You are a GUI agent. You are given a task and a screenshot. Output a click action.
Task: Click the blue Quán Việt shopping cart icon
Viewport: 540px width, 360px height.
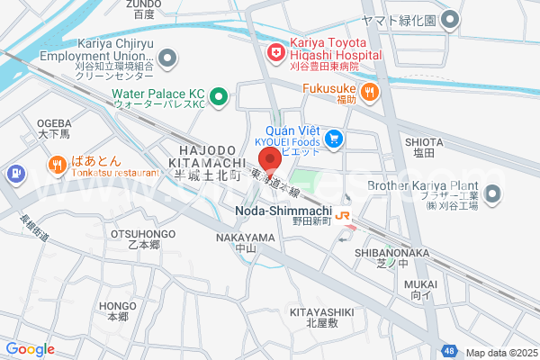click(x=335, y=139)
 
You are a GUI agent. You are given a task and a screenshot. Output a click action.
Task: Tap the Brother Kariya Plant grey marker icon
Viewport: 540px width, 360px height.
click(x=492, y=193)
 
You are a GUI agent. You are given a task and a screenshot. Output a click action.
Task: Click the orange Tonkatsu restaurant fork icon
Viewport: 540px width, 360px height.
click(x=57, y=164)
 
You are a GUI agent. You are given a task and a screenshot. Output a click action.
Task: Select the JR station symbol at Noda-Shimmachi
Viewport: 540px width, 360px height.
click(x=343, y=215)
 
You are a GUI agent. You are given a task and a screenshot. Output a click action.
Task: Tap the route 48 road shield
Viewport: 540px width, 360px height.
click(x=447, y=351)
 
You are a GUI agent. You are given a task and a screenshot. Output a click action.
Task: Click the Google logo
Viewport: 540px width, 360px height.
click(x=30, y=349)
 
